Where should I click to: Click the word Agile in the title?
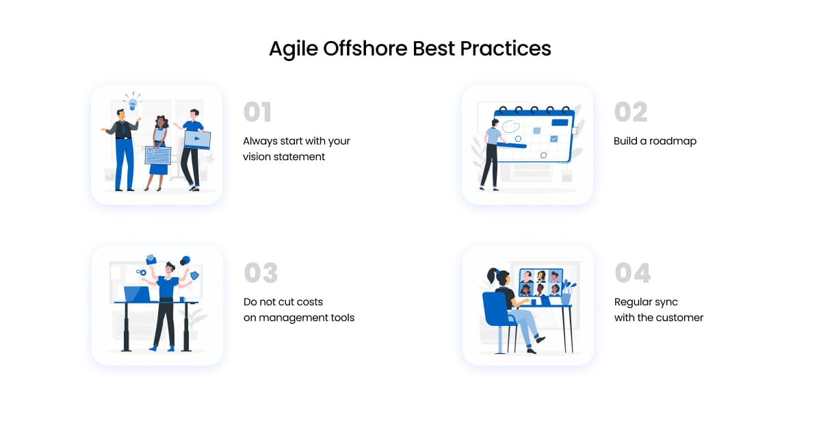[x=294, y=49]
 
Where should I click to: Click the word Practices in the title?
[x=506, y=48]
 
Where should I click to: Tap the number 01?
[x=257, y=112]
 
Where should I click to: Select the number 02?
[x=631, y=112]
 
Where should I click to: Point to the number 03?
[x=261, y=273]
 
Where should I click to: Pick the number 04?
[x=633, y=273]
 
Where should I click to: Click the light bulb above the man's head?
[x=133, y=104]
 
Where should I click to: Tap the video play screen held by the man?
[x=197, y=140]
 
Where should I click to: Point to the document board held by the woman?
[x=158, y=155]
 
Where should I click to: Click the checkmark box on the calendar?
[x=553, y=139]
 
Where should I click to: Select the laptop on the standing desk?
[x=138, y=294]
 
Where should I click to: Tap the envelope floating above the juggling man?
[x=151, y=260]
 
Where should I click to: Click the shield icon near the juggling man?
[x=195, y=275]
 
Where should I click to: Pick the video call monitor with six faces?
[x=541, y=283]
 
